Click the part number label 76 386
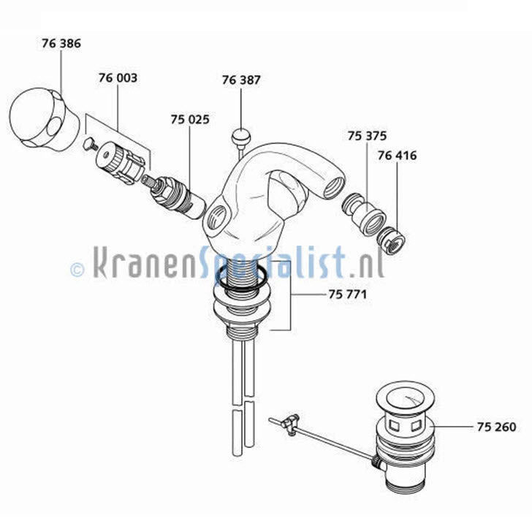(x=61, y=43)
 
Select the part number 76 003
(x=118, y=77)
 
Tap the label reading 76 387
(x=241, y=80)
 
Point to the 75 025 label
(x=190, y=119)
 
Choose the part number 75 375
(x=367, y=136)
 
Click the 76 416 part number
(x=397, y=156)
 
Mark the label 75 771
(x=348, y=294)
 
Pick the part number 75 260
(x=497, y=427)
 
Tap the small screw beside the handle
(x=90, y=144)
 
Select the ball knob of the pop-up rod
(x=241, y=135)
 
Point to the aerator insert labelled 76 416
(x=391, y=239)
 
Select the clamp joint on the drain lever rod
(x=289, y=425)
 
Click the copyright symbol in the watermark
(x=77, y=270)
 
